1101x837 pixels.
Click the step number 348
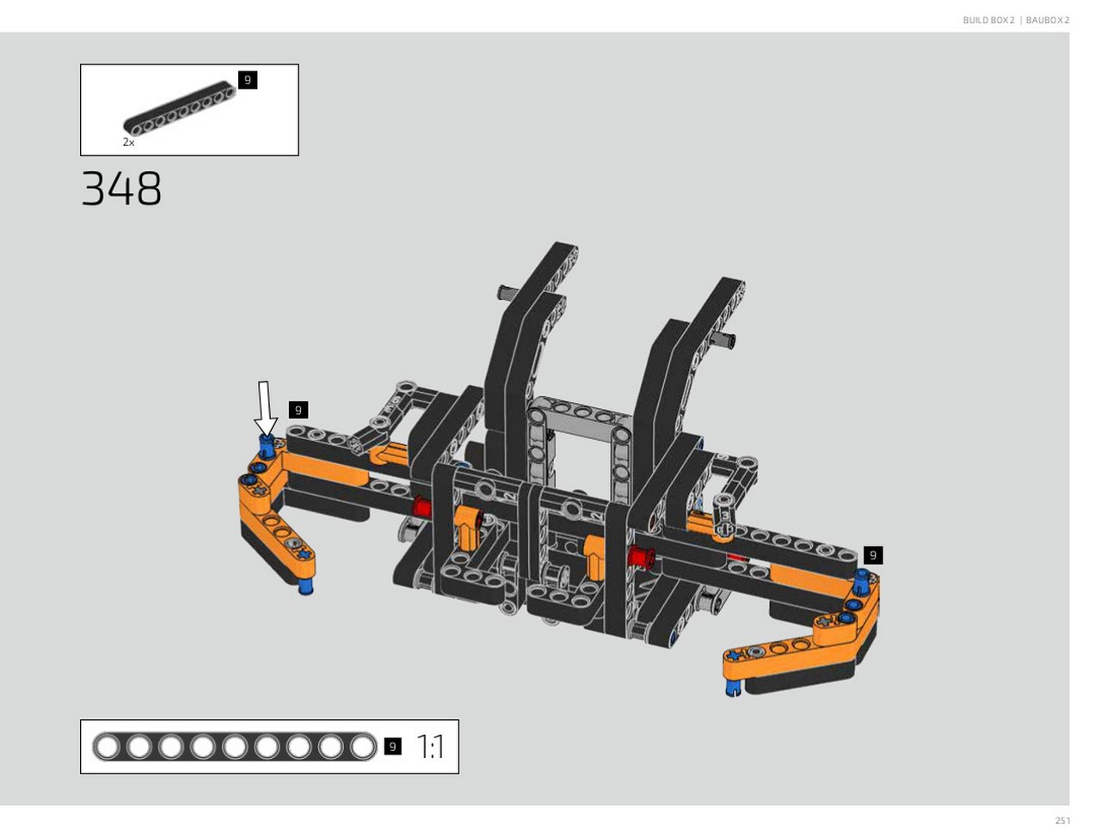(x=121, y=188)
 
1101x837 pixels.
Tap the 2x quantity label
(x=128, y=143)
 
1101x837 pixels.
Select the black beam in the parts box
(x=180, y=108)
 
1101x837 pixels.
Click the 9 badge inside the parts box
(x=247, y=80)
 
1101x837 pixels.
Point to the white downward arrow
(x=265, y=407)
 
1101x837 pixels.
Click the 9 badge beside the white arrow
(x=298, y=410)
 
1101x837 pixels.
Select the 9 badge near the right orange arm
(x=873, y=555)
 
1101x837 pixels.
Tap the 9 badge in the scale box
(x=393, y=747)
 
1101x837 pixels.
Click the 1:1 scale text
(x=430, y=747)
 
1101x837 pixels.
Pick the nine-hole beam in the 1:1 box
(x=234, y=747)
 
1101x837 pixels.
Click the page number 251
(x=1062, y=821)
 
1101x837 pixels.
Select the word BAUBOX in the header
(x=1044, y=20)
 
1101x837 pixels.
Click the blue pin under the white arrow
(x=267, y=446)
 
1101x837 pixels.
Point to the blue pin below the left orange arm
(x=305, y=587)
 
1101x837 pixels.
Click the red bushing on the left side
(x=421, y=507)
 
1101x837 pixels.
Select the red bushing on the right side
(x=641, y=557)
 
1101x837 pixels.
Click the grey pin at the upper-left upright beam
(x=507, y=291)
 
